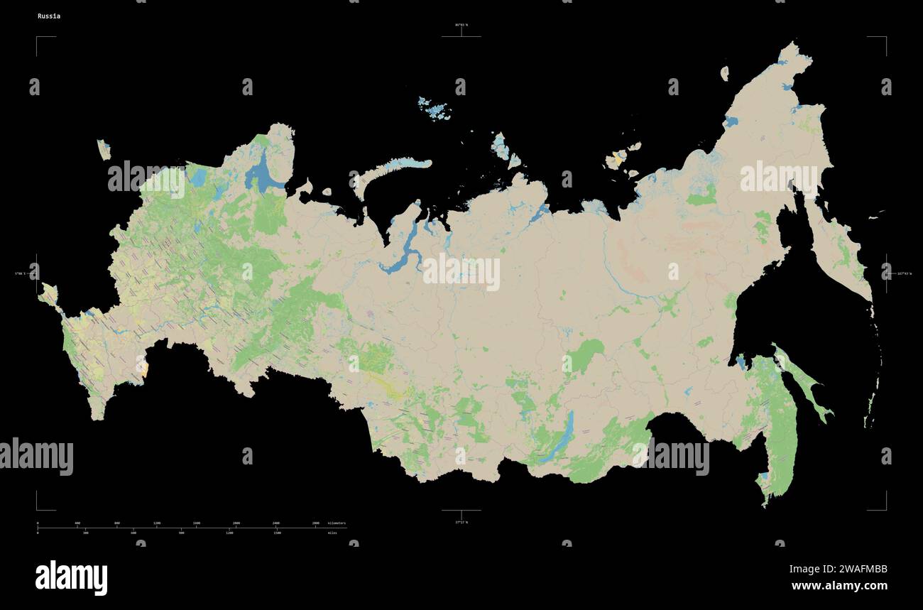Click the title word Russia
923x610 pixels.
(49, 16)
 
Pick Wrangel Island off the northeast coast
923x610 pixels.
(724, 72)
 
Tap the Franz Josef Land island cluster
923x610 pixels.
(435, 107)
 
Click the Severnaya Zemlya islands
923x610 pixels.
(505, 148)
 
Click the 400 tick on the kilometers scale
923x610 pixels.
(77, 523)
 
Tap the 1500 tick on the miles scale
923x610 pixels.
(277, 532)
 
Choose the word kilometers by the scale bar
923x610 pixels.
(337, 523)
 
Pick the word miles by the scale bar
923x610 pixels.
(332, 532)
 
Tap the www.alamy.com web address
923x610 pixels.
(839, 586)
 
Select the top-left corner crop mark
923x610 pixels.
(38, 38)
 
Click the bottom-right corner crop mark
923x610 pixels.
(885, 508)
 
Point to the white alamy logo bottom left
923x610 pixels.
(71, 577)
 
